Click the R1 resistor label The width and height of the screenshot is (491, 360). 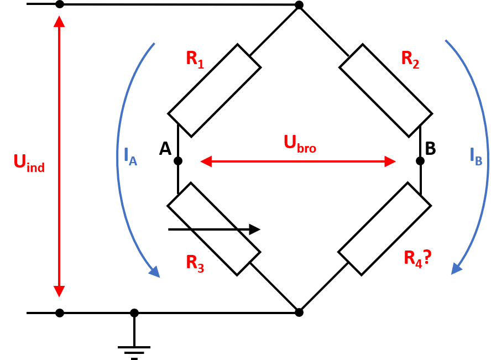tap(195, 59)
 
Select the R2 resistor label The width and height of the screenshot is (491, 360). tap(410, 59)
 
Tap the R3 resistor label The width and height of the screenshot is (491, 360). tap(195, 263)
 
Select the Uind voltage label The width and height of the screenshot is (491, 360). tap(29, 163)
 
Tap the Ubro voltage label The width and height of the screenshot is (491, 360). tap(300, 143)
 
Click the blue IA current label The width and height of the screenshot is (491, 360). tap(130, 156)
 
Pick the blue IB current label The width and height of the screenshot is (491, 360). tap(476, 156)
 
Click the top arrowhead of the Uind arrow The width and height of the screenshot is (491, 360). tap(59, 21)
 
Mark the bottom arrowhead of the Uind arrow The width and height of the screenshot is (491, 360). tap(59, 291)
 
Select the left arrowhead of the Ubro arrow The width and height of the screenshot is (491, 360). tap(206, 161)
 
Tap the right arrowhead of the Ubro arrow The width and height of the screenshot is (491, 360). tap(391, 161)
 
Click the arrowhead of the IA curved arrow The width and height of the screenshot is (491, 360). tap(155, 272)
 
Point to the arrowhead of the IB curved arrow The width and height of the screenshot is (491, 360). tap(456, 269)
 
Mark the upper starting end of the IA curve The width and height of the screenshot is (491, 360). tap(154, 44)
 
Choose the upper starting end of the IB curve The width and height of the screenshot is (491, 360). tap(446, 40)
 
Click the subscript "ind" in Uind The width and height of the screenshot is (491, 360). tap(35, 168)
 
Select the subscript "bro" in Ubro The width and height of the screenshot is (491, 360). tap(307, 148)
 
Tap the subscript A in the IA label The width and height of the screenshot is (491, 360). tap(133, 161)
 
